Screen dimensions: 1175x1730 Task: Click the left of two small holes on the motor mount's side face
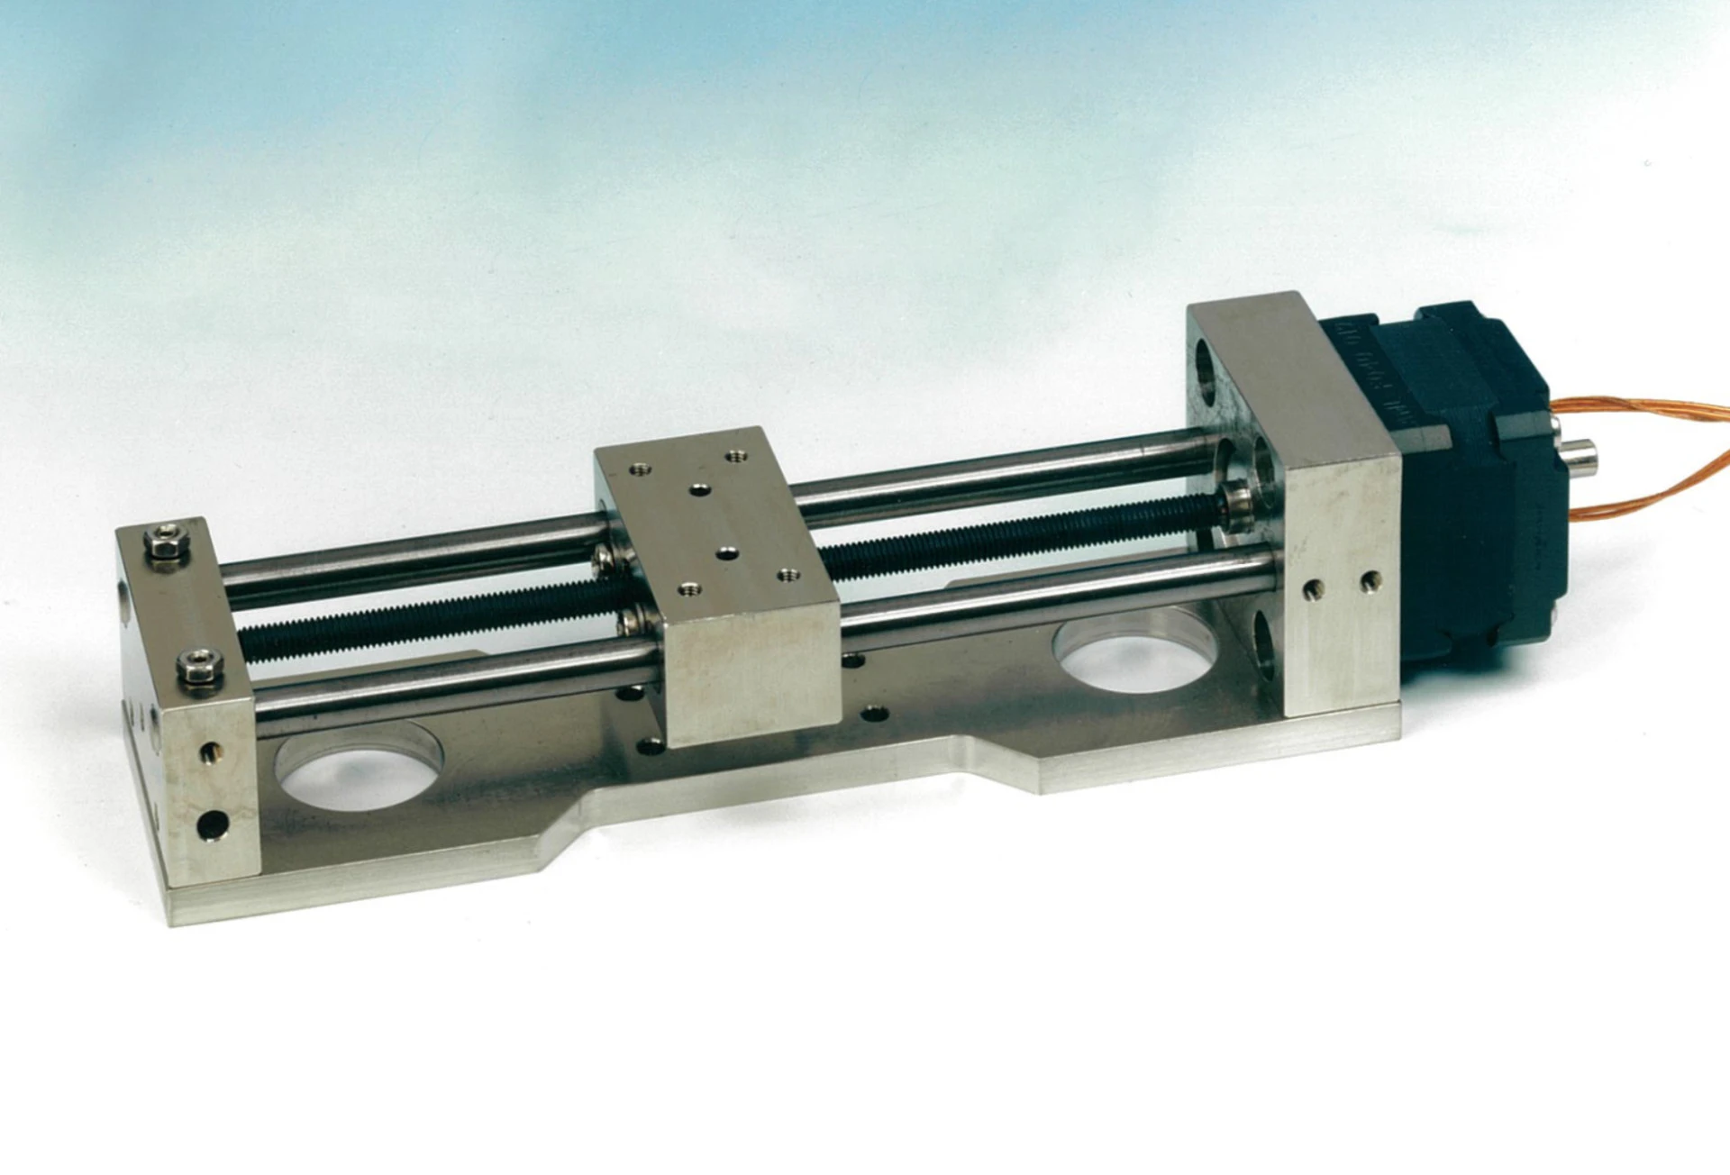coord(1312,591)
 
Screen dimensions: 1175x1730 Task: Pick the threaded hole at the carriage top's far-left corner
coord(641,469)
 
